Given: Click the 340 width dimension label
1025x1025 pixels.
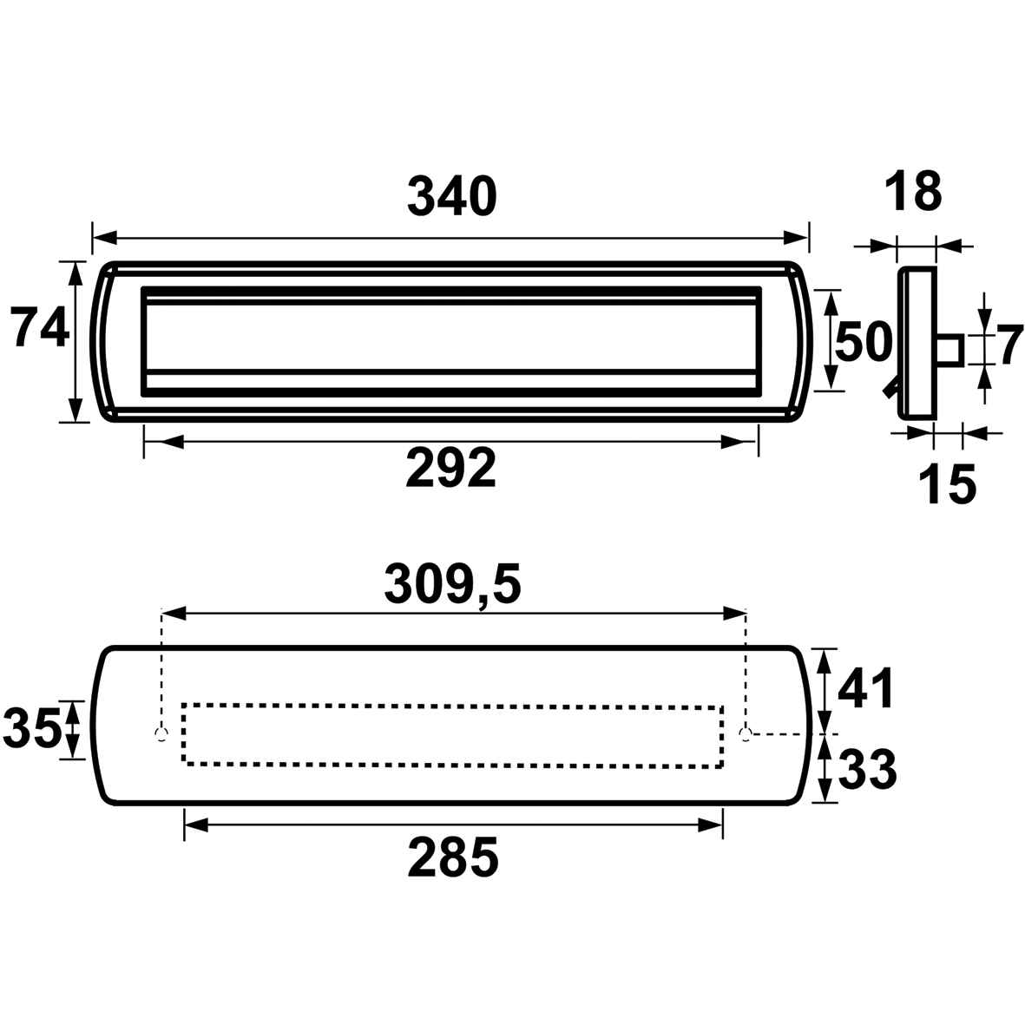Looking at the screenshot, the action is [452, 196].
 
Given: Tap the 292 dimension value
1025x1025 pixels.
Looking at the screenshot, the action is [451, 468].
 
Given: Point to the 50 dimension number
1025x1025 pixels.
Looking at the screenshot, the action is [864, 341].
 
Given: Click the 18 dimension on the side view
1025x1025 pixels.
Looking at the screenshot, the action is [913, 192].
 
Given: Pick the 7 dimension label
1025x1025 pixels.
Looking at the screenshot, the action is [1010, 345].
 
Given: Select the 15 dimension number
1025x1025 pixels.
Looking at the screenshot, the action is [947, 484].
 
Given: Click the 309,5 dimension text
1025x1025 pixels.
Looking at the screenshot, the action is [452, 585].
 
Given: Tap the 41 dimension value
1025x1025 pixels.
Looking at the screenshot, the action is [865, 688].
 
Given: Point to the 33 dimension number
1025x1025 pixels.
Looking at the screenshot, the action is [867, 769].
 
